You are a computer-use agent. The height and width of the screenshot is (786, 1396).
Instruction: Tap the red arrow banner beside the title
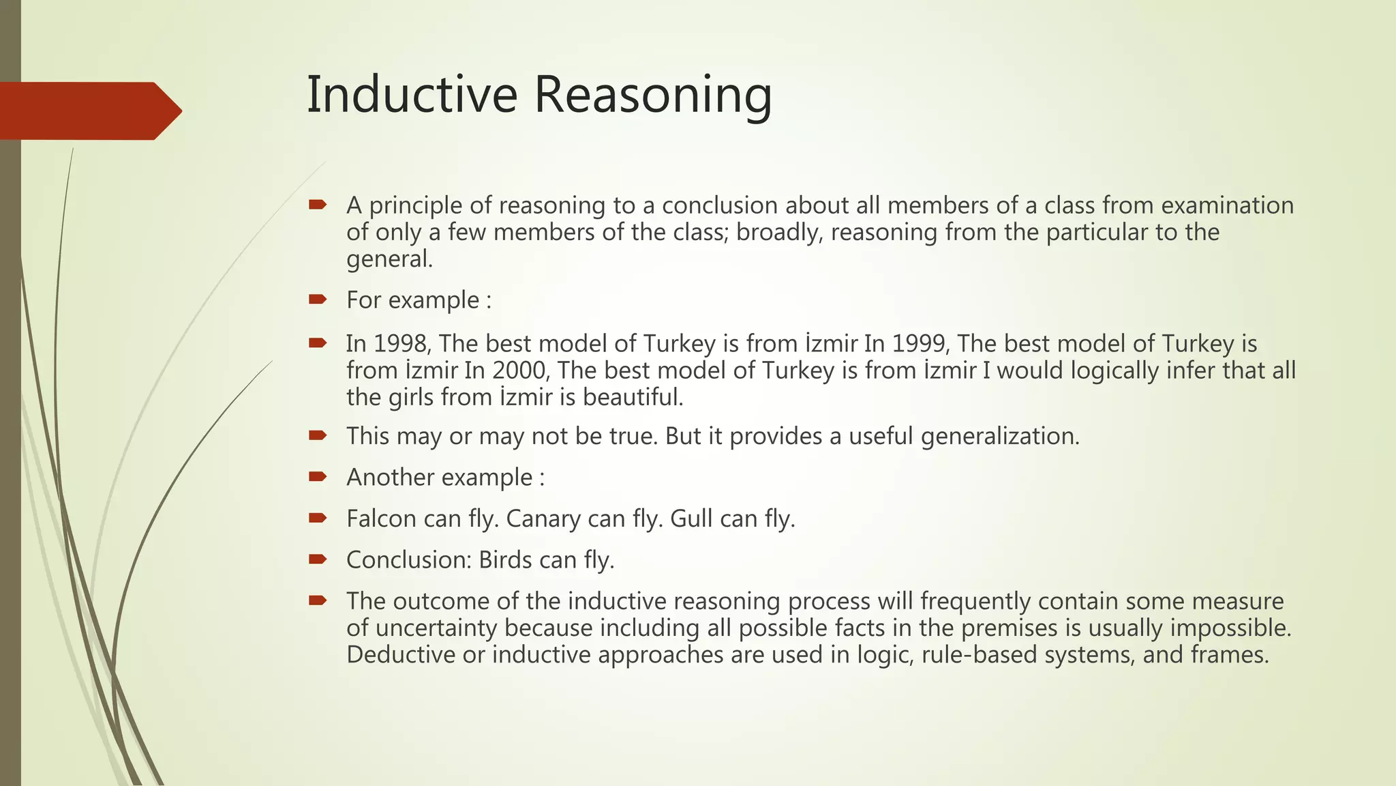89,111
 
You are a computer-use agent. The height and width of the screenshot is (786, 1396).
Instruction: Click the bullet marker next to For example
318,299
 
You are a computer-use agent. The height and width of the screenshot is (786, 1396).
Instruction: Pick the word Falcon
381,519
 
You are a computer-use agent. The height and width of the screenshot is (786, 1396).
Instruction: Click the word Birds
505,559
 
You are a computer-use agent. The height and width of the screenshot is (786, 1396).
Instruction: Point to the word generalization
999,436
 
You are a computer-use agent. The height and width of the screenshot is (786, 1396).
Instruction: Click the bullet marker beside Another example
318,476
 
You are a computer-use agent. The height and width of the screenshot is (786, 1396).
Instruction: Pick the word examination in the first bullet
1226,205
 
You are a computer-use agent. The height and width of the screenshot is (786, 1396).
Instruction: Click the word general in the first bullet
389,259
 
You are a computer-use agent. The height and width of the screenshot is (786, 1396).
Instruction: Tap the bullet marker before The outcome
318,600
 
